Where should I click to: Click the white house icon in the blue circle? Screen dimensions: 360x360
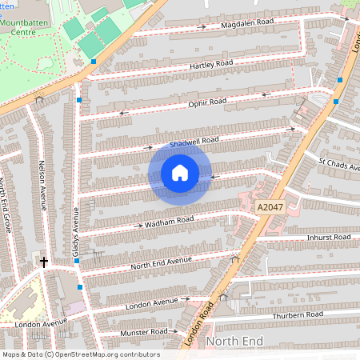180,173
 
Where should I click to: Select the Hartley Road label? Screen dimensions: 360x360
210,64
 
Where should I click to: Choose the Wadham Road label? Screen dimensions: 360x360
170,222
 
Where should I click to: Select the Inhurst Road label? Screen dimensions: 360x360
329,238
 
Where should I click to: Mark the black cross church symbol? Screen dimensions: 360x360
44,262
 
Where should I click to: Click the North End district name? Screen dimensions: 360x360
234,342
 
